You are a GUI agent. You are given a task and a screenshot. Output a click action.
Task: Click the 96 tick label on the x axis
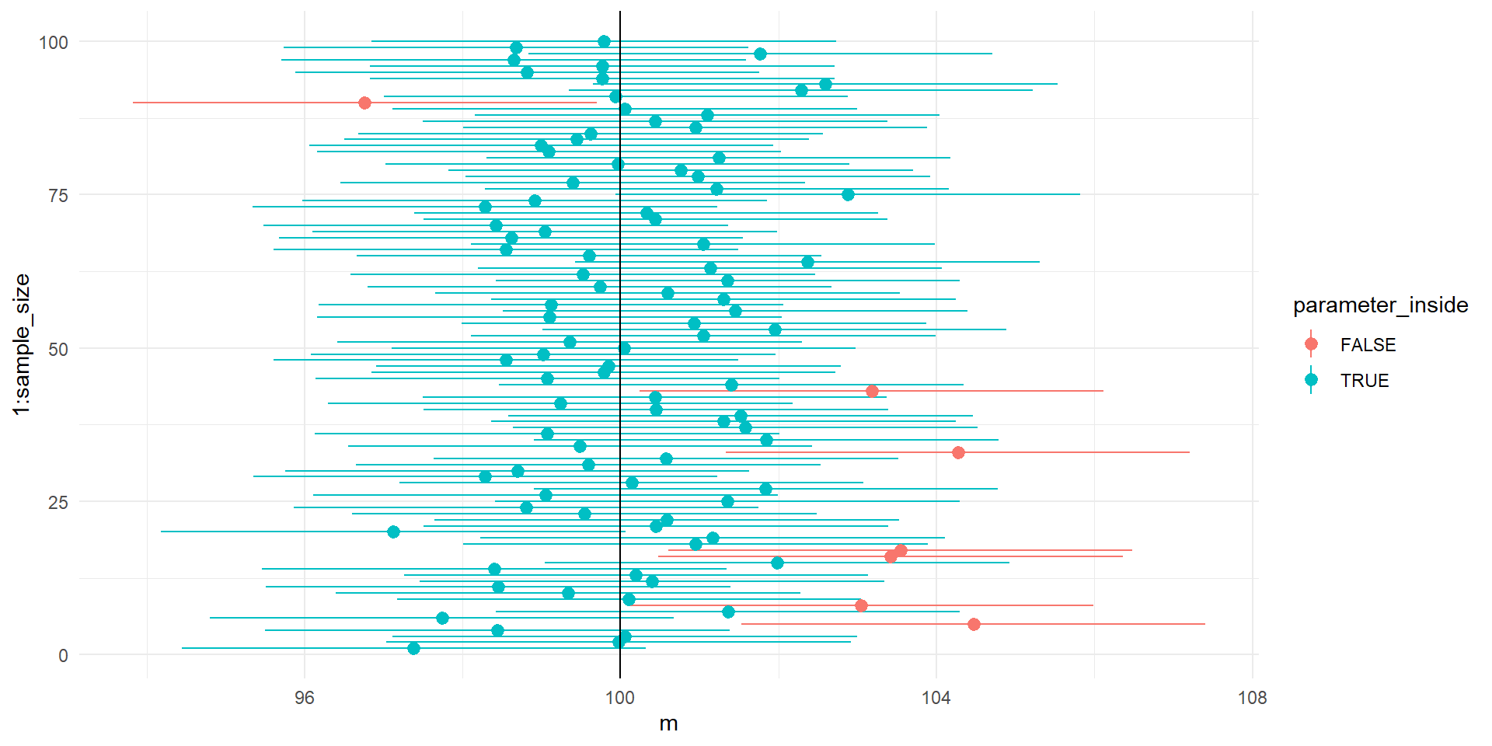pos(305,697)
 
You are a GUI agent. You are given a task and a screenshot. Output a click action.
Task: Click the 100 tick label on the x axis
pos(620,697)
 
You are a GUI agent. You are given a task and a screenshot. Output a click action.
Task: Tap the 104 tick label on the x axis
pos(936,697)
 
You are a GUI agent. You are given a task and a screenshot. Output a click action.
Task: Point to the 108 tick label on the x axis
pos(1252,697)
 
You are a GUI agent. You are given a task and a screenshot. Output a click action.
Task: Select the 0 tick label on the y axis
pos(63,656)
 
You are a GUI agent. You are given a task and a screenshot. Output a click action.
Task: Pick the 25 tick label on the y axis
pos(58,503)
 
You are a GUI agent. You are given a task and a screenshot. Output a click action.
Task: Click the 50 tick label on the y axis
pos(58,350)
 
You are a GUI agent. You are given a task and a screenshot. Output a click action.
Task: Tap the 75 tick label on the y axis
pos(58,196)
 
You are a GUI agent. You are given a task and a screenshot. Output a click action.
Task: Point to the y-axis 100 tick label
pos(54,43)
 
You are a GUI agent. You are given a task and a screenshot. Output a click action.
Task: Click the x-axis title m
pos(668,723)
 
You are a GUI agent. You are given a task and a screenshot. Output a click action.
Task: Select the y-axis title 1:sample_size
pos(22,344)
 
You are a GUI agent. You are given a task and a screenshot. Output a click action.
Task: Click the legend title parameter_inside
pos(1380,305)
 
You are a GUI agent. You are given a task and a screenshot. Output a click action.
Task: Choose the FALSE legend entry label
pos(1368,345)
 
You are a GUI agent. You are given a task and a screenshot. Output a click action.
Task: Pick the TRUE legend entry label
pos(1364,381)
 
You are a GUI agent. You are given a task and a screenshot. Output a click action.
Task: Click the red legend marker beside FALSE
pos(1311,344)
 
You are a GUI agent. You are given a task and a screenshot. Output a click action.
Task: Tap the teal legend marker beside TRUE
pos(1311,380)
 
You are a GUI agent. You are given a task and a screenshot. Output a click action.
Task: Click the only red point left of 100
pos(364,103)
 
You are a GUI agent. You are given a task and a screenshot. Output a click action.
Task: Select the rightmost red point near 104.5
pos(974,624)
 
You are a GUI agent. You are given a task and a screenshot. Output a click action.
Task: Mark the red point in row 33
pos(958,452)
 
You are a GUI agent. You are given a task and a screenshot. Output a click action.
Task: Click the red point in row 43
pos(872,391)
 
